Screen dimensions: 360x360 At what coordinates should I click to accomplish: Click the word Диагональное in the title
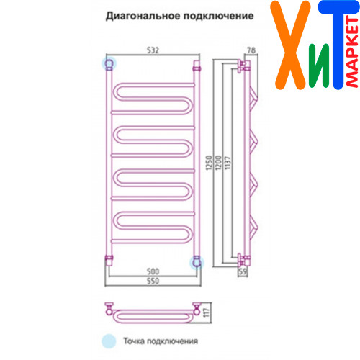pos(143,16)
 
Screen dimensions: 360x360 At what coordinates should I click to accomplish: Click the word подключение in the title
pos(219,16)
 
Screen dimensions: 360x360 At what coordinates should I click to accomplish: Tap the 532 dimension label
pos(153,50)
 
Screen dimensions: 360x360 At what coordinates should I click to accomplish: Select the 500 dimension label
pos(153,271)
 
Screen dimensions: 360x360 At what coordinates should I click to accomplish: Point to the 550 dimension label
pos(153,281)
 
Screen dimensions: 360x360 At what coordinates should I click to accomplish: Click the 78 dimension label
pos(251,50)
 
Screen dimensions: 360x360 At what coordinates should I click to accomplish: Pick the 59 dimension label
pos(243,271)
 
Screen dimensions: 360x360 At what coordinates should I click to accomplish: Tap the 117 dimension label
pos(207,312)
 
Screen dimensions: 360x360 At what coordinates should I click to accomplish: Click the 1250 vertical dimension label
pos(209,163)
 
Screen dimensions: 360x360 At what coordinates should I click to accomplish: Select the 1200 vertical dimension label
pos(218,163)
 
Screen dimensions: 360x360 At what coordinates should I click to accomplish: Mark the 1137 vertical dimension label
pos(228,163)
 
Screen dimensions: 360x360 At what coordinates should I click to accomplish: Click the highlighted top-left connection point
pos(109,63)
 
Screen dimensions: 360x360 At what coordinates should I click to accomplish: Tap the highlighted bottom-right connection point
pos(197,262)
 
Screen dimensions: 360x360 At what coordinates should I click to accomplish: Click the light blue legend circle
pos(109,341)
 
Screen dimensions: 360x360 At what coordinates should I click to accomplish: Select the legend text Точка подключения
pos(161,341)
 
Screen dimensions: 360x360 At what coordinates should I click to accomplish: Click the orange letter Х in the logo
pos(290,45)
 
